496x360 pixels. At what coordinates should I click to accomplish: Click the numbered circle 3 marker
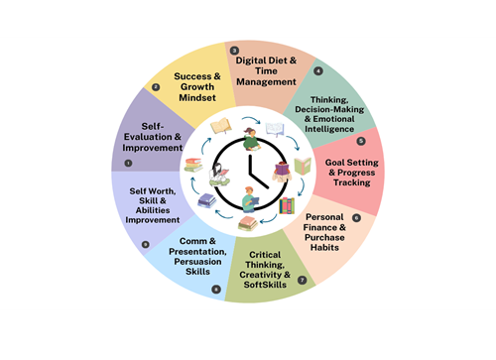click(x=234, y=51)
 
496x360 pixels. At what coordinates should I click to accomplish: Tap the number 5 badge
click(x=361, y=141)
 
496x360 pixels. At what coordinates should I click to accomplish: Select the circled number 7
click(x=303, y=280)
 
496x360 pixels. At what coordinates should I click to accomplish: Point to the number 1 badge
click(x=128, y=163)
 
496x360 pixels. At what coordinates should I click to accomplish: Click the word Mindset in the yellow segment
click(x=197, y=98)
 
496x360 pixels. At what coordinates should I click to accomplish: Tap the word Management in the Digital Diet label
click(x=266, y=82)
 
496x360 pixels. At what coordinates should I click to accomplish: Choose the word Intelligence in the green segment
click(x=329, y=129)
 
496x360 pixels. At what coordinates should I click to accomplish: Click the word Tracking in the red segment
click(x=352, y=182)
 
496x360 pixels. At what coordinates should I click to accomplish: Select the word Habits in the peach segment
click(x=324, y=247)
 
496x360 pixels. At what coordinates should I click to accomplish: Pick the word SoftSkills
click(x=265, y=285)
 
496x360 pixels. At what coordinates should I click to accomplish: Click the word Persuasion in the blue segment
click(x=197, y=262)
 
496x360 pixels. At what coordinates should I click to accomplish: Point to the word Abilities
click(x=153, y=210)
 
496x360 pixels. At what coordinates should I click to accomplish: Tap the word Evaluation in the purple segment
click(x=148, y=137)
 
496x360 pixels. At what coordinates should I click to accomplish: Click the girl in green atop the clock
click(x=251, y=139)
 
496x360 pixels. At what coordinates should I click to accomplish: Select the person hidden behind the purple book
click(x=282, y=172)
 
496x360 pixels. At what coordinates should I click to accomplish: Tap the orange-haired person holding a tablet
click(x=250, y=199)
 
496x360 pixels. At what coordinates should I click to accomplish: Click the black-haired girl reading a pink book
click(x=219, y=175)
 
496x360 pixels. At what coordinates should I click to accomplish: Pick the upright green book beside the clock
click(x=303, y=166)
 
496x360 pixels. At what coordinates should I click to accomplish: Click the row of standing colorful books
click(x=287, y=205)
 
